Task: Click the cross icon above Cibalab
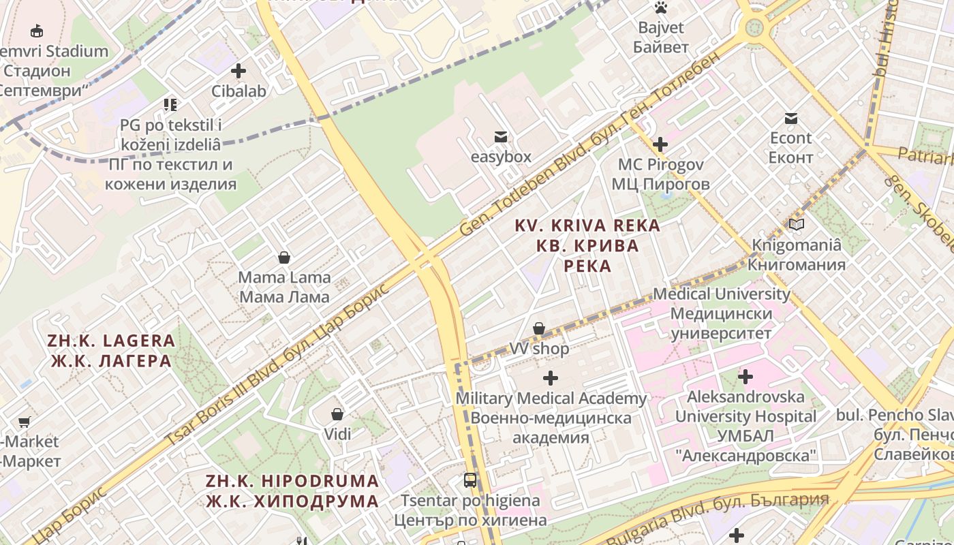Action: [238, 71]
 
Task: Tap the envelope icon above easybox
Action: [501, 137]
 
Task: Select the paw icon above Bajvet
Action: [660, 8]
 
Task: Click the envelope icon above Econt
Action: [790, 119]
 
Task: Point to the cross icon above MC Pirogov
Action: [660, 144]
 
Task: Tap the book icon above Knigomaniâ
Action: [796, 225]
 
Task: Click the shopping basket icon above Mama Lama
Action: [284, 258]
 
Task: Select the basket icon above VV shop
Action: [539, 329]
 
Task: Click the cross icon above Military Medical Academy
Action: [551, 378]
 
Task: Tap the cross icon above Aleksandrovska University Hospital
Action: [745, 376]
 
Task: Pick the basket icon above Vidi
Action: [337, 414]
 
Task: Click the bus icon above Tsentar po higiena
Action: [470, 480]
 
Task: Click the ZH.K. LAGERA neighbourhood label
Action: [111, 350]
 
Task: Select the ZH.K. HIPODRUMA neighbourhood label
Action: [292, 490]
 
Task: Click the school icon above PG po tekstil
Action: [170, 105]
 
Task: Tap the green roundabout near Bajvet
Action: [754, 27]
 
